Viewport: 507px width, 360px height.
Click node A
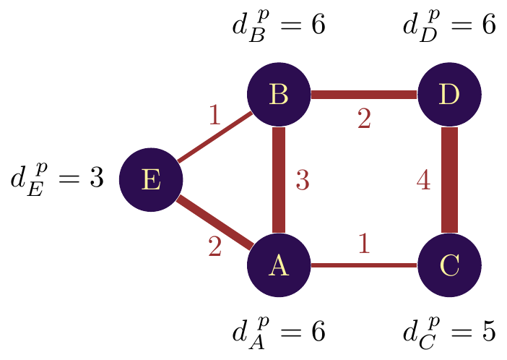coord(278,265)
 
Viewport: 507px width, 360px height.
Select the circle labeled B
coord(278,94)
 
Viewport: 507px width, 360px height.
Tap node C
coord(449,265)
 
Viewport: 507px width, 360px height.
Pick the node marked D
coord(449,94)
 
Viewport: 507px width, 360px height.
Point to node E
coord(150,180)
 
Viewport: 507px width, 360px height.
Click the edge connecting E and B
coord(214,137)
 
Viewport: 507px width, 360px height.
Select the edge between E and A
coord(214,223)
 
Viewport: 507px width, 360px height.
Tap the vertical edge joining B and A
coord(278,180)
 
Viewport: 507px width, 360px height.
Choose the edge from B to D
coord(363,94)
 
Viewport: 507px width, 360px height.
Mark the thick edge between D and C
coord(449,180)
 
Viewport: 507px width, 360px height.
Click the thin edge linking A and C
coord(363,265)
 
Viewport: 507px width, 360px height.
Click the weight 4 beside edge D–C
coord(424,181)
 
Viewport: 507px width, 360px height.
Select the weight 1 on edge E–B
coord(214,116)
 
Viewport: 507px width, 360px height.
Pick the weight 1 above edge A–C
coord(364,244)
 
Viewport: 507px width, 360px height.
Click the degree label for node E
coord(56,179)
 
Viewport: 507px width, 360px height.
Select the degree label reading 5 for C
coord(449,332)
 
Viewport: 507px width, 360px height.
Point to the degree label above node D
coord(449,27)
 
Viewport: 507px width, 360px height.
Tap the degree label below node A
coord(278,332)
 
